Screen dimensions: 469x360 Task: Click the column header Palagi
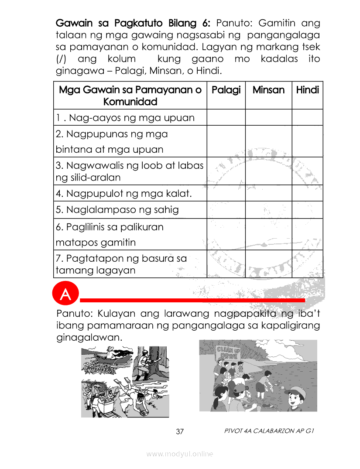tap(226, 90)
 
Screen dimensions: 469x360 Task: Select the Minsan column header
tap(268, 90)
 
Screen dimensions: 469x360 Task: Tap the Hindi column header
tap(307, 90)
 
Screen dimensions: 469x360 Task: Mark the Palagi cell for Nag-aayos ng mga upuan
tap(226, 117)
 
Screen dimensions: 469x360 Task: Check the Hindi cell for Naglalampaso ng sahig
tap(307, 210)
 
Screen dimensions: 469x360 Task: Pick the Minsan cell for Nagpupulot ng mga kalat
tap(268, 193)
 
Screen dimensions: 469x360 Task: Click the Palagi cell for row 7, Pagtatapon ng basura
tap(226, 264)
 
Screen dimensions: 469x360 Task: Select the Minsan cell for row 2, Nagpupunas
tap(268, 141)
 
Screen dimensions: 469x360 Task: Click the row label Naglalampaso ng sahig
tap(117, 210)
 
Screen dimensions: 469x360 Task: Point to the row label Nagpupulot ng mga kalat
tap(124, 193)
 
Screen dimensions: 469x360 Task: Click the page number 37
tap(180, 432)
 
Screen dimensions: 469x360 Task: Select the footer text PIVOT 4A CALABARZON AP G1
tap(269, 431)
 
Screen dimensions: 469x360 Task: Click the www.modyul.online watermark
tap(180, 454)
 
